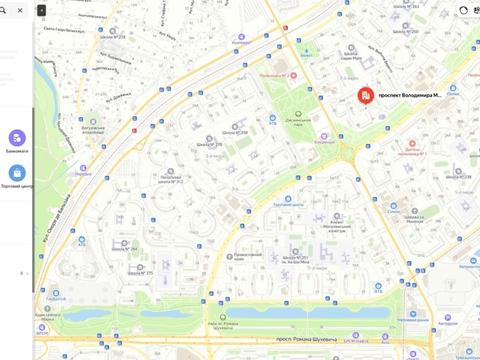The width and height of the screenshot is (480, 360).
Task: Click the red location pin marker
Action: [x=366, y=96]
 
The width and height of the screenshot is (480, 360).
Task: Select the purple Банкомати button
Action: [x=17, y=138]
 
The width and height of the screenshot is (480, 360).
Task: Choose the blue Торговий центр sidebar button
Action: [x=17, y=173]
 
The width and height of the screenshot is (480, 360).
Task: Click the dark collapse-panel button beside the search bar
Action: [x=41, y=9]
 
